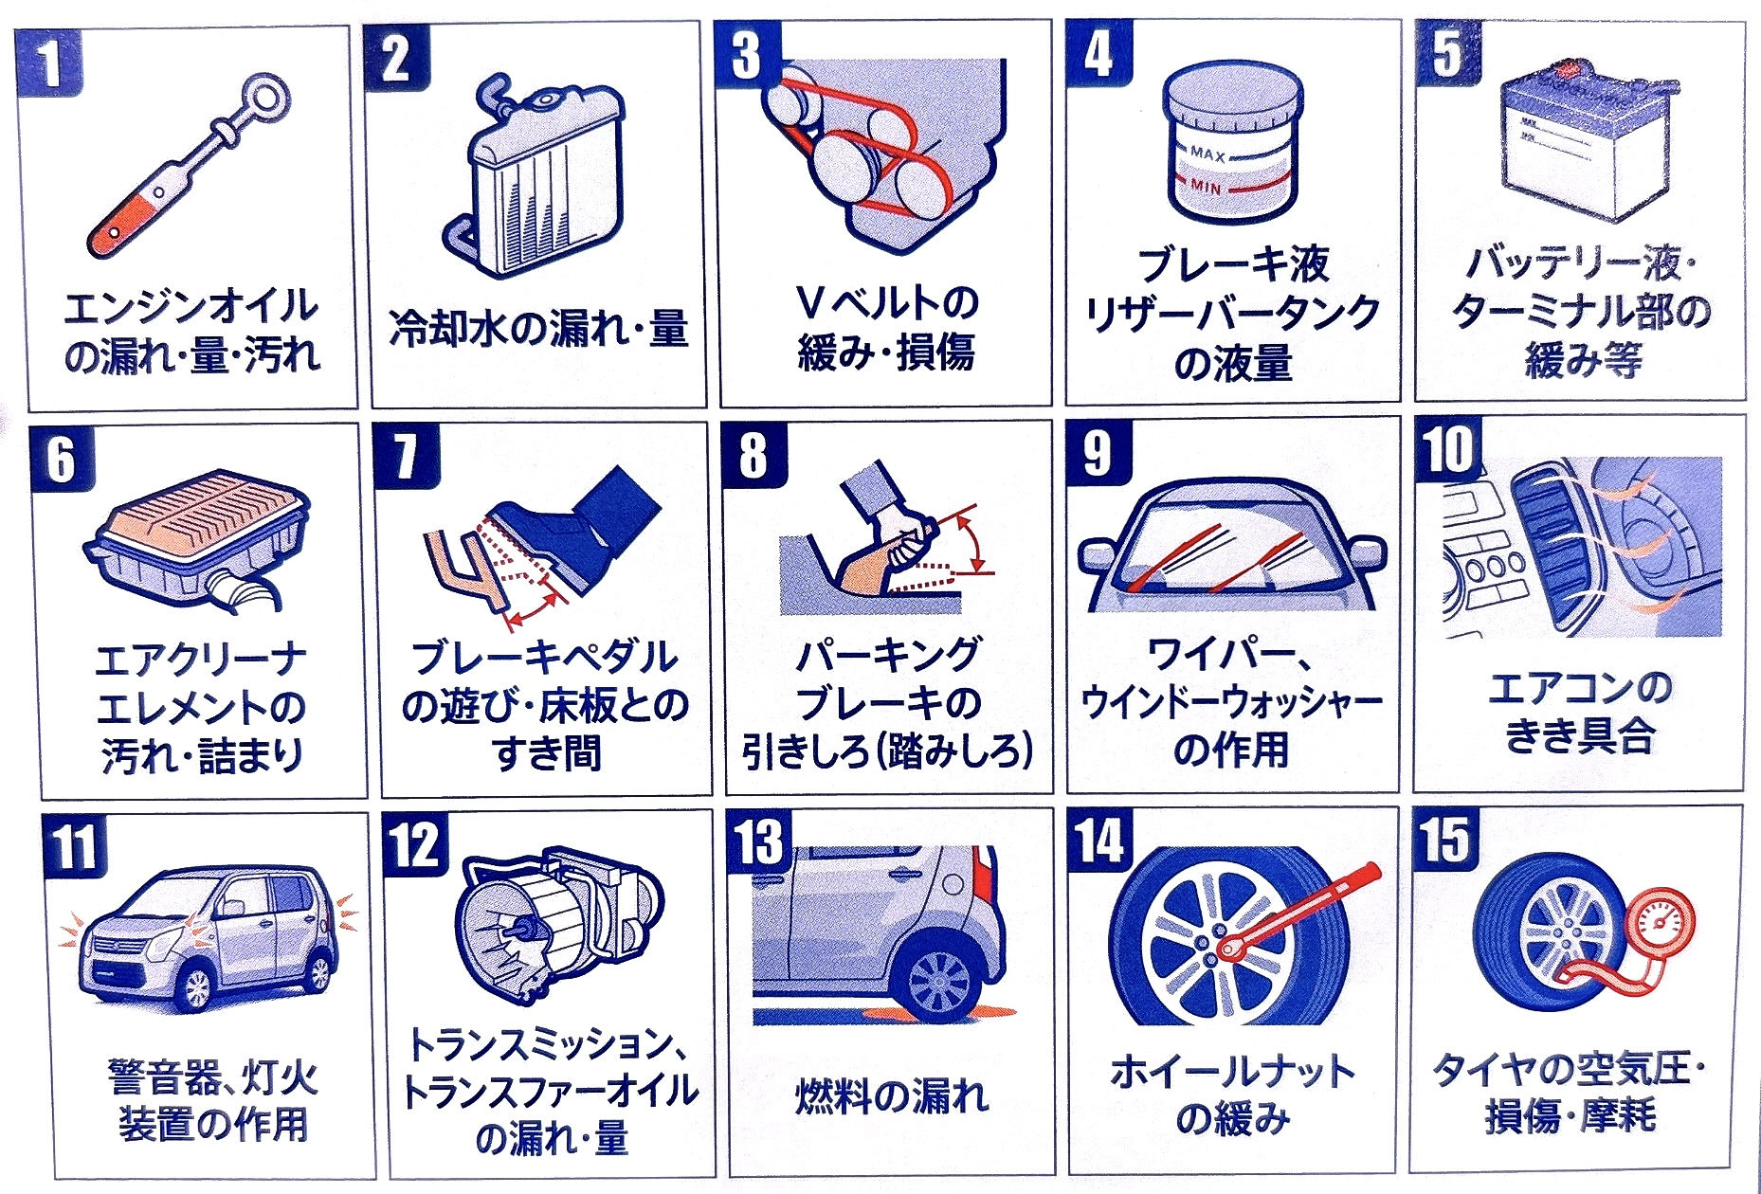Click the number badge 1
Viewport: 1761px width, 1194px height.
click(48, 63)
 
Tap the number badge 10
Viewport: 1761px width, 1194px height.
click(1448, 449)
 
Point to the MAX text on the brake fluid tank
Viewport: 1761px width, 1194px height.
click(1207, 154)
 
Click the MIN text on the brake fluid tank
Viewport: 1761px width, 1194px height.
click(1206, 188)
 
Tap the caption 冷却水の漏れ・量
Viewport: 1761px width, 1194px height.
click(538, 329)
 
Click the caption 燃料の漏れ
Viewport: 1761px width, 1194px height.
click(891, 1095)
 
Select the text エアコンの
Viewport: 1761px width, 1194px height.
click(1581, 687)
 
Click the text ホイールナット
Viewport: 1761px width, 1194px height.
click(1233, 1071)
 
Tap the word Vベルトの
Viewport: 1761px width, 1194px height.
click(887, 303)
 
